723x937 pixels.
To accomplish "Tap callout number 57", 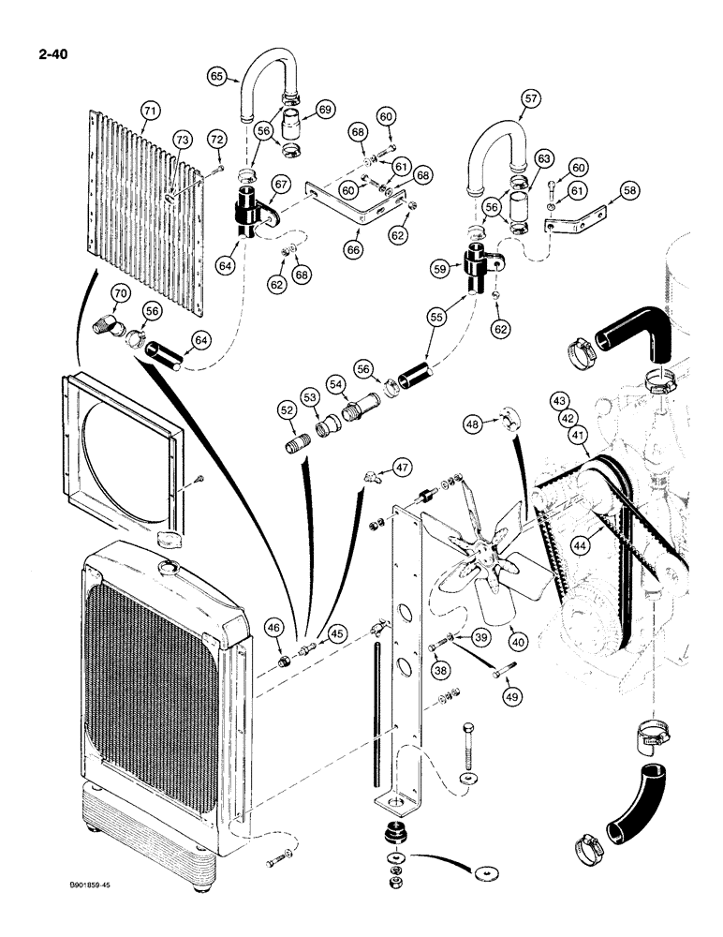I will [531, 97].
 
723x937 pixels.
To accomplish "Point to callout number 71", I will [150, 112].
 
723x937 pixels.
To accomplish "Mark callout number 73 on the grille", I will [182, 141].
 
